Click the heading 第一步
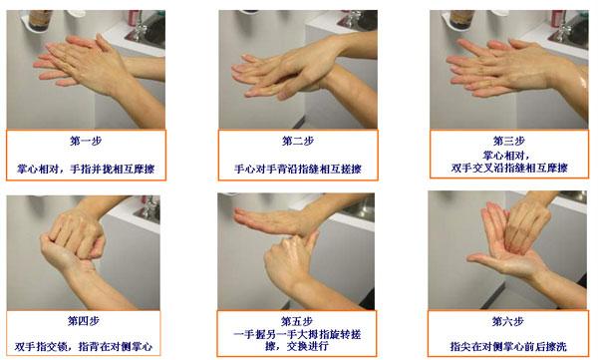point(86,141)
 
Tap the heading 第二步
point(298,141)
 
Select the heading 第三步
point(508,141)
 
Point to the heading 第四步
point(84,321)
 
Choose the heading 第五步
point(297,321)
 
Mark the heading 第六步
point(507,321)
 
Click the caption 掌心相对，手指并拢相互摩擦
point(86,169)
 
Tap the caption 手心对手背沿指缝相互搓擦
point(298,169)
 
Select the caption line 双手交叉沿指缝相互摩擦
point(509,168)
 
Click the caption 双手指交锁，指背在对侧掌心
point(84,346)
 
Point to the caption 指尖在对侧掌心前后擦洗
point(508,346)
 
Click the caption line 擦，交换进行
point(297,346)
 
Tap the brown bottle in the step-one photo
point(40,19)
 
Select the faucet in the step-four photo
point(150,207)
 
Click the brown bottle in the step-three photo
point(461,19)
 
